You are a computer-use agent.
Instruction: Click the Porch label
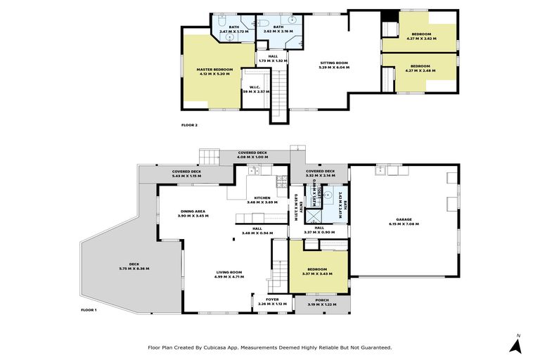click(x=323, y=302)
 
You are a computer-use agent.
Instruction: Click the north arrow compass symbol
click(x=517, y=345)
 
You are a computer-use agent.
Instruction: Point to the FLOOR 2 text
click(x=189, y=124)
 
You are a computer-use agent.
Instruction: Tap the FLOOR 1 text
click(x=89, y=309)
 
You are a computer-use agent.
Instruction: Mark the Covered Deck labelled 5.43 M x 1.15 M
click(x=186, y=174)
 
